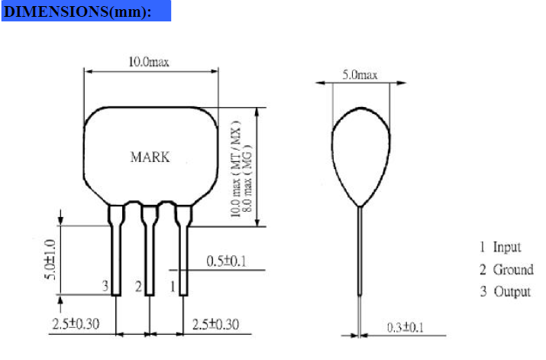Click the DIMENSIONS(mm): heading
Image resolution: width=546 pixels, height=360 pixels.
tap(77, 11)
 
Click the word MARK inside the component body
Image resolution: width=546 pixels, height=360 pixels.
tap(150, 157)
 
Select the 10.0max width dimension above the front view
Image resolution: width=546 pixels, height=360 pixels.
tap(149, 62)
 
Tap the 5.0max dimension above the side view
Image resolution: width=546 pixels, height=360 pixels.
tap(360, 75)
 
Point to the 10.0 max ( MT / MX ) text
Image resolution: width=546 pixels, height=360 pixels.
tap(236, 169)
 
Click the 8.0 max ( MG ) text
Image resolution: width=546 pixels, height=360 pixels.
tap(247, 178)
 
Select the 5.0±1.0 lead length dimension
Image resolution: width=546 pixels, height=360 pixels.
tap(50, 260)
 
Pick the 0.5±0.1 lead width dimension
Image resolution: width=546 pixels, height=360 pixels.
tap(226, 261)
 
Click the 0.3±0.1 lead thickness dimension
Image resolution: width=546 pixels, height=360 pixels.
tap(405, 328)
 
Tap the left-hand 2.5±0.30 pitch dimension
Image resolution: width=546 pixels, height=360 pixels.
tap(76, 324)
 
